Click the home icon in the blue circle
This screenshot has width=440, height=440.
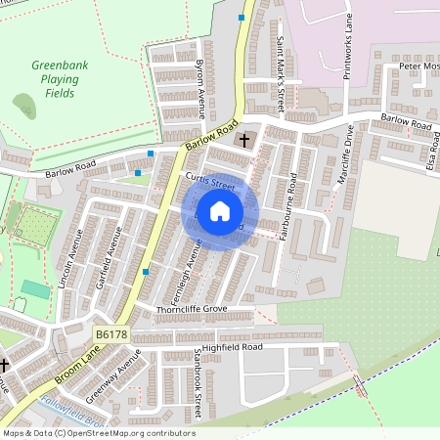tap(220, 210)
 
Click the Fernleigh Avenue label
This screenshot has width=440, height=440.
tap(185, 277)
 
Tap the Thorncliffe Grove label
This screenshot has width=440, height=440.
tap(192, 309)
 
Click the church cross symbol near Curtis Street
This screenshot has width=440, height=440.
tap(243, 141)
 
